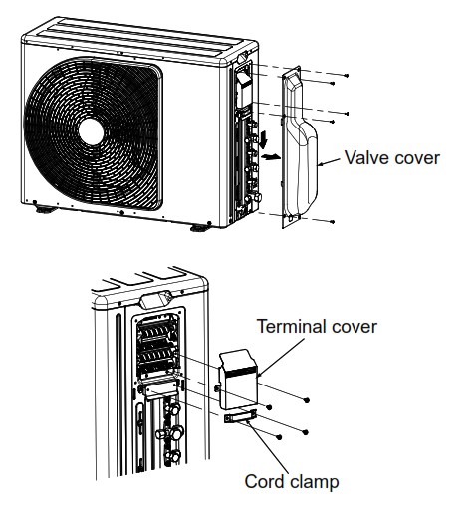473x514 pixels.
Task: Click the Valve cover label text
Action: (x=391, y=156)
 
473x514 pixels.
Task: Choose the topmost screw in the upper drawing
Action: (x=344, y=75)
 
